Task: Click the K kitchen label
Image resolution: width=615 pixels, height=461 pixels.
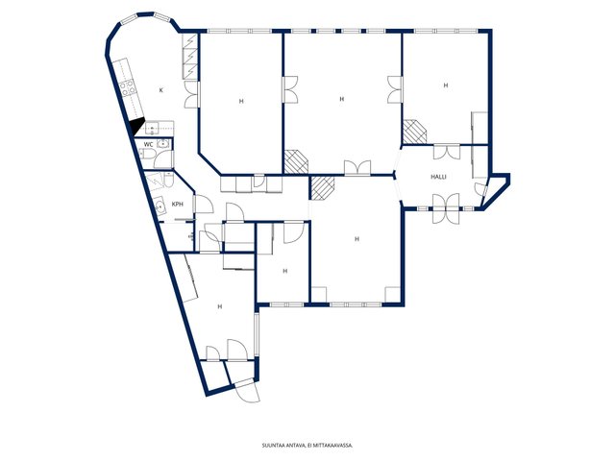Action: point(160,90)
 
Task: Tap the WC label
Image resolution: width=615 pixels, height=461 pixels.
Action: point(148,145)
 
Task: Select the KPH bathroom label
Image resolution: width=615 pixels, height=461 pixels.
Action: point(177,205)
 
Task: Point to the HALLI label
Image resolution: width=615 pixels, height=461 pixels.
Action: point(438,177)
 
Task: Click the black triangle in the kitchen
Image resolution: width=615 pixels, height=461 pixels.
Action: point(137,126)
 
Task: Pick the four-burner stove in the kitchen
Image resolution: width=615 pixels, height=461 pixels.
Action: point(128,88)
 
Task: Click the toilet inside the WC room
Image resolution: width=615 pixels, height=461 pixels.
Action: point(147,156)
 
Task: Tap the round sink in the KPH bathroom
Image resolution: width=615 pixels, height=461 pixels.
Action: point(160,205)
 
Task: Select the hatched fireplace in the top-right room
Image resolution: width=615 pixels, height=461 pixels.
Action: point(415,132)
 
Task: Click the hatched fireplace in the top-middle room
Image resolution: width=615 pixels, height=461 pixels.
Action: point(296,162)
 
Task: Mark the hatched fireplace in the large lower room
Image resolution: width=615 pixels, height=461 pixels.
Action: point(322,188)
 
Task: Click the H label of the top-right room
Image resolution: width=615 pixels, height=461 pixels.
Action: point(446,85)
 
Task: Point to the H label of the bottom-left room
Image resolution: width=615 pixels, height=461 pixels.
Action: point(220,306)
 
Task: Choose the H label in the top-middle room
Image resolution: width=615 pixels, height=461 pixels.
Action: point(342,99)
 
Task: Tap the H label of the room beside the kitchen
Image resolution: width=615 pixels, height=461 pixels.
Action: point(241,101)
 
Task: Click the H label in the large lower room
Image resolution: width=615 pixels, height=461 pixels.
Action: point(357,239)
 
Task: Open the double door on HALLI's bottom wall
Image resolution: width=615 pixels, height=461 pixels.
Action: point(446,208)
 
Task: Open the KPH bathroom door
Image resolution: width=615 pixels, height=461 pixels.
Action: point(204,204)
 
